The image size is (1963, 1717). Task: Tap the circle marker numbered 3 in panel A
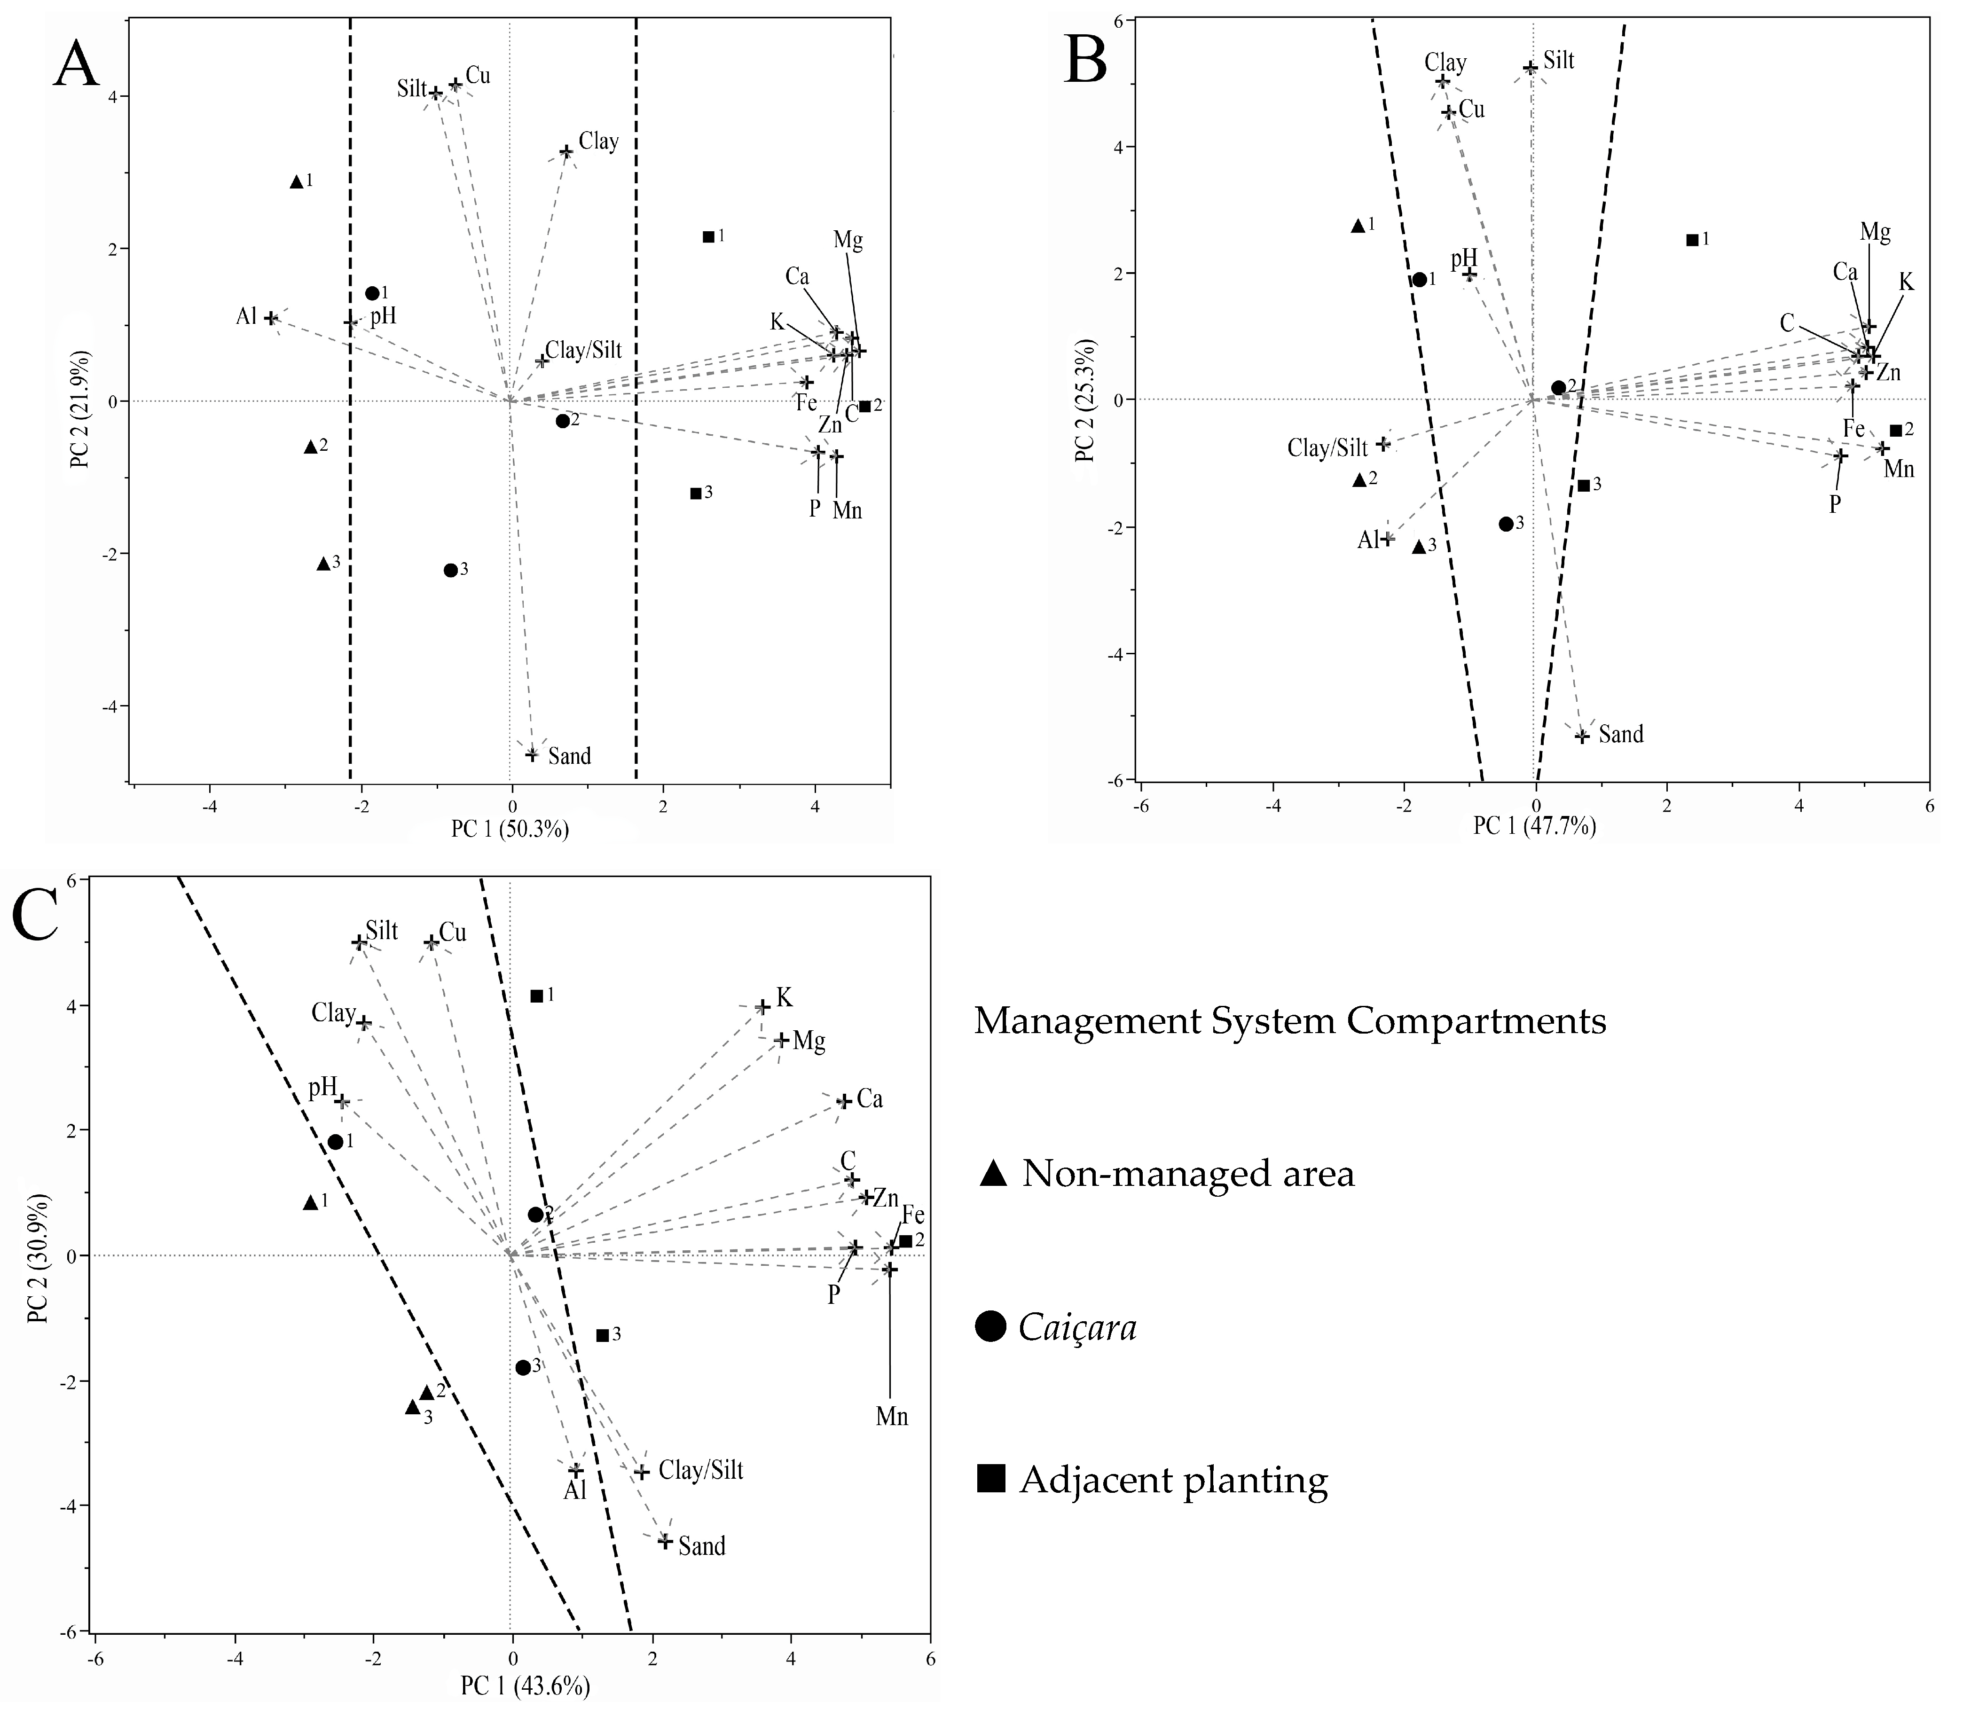pyautogui.click(x=450, y=570)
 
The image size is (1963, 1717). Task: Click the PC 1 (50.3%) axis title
pyautogui.click(x=510, y=830)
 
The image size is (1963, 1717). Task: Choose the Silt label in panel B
pyautogui.click(x=1559, y=60)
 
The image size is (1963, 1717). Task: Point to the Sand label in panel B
pyautogui.click(x=1621, y=735)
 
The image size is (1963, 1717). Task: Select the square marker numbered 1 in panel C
pyautogui.click(x=537, y=996)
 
